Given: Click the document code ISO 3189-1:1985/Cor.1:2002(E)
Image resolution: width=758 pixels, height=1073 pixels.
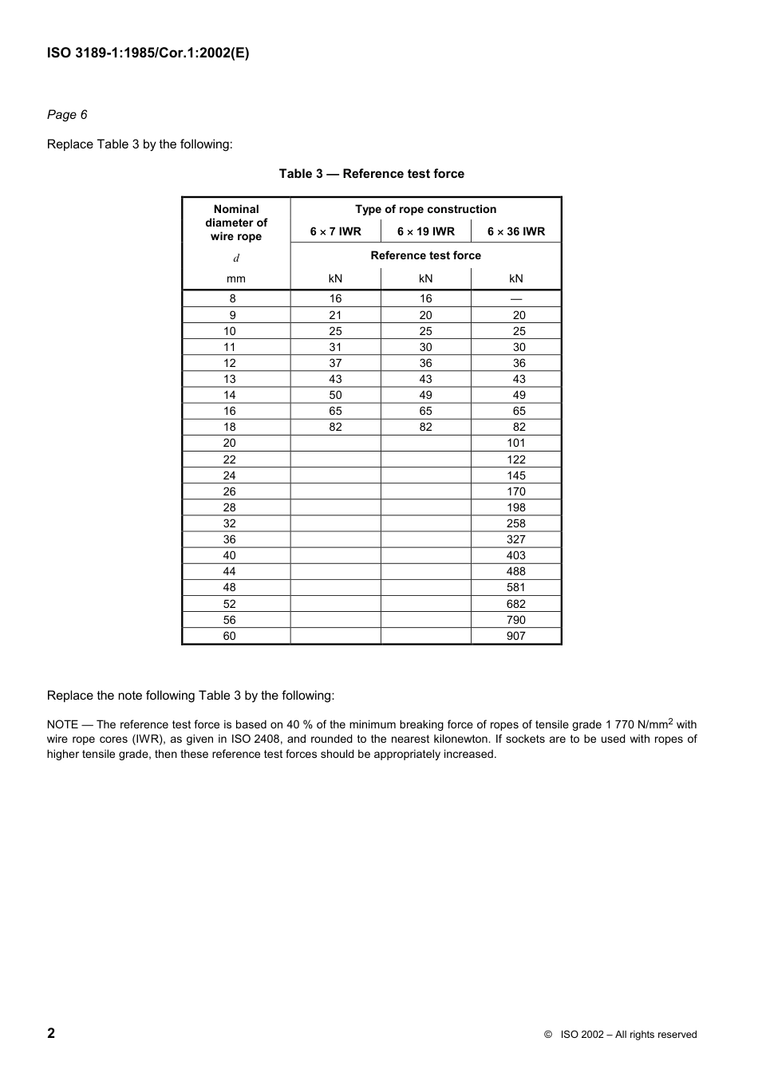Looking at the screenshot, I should (148, 53).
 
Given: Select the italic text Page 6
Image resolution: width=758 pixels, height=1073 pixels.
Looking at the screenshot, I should (67, 115).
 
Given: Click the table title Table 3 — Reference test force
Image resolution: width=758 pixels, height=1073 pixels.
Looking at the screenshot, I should (371, 174).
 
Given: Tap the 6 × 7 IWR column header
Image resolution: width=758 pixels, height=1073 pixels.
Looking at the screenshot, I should (335, 231).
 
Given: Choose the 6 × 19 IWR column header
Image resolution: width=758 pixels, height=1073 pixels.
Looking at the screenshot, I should (425, 231).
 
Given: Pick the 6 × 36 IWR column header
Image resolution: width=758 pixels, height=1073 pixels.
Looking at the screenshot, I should (516, 231).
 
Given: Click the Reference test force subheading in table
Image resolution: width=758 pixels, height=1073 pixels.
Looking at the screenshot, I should (425, 255).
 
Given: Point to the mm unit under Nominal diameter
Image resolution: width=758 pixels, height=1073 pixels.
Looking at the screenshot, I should (236, 278).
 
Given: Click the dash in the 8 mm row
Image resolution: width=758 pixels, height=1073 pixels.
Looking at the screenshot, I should (516, 299).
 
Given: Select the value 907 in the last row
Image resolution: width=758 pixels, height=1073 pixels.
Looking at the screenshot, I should (516, 636).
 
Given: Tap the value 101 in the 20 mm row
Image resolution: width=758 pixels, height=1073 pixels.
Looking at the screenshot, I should (516, 443).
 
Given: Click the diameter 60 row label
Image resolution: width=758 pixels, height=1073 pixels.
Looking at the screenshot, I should (230, 636).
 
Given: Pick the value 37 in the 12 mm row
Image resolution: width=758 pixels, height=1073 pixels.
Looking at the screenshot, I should (335, 363).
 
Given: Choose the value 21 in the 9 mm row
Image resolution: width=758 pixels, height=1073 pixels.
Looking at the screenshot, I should (335, 315).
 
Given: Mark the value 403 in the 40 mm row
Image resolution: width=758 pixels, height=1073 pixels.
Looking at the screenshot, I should (516, 555).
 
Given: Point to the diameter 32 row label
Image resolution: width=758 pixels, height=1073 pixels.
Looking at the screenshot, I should (230, 523).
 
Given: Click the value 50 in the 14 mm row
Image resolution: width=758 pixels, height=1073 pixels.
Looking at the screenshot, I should (335, 395).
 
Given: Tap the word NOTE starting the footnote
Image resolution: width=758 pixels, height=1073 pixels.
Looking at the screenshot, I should (62, 724).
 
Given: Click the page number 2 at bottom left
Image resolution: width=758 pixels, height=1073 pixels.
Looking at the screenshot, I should (51, 1033).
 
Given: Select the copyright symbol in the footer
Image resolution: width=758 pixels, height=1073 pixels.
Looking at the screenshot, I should (548, 1035).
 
